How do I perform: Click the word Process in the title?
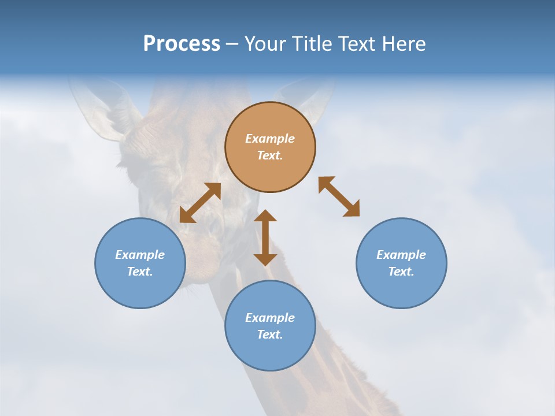tap(182, 44)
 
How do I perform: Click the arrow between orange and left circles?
tap(200, 203)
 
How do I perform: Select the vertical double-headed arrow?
tap(265, 237)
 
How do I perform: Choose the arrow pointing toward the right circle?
tap(339, 196)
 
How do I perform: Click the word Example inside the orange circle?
tap(270, 139)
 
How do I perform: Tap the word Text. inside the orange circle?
tap(270, 155)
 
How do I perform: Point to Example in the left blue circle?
tap(140, 255)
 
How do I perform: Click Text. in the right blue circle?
tap(401, 272)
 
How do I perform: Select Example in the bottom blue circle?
tap(270, 318)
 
